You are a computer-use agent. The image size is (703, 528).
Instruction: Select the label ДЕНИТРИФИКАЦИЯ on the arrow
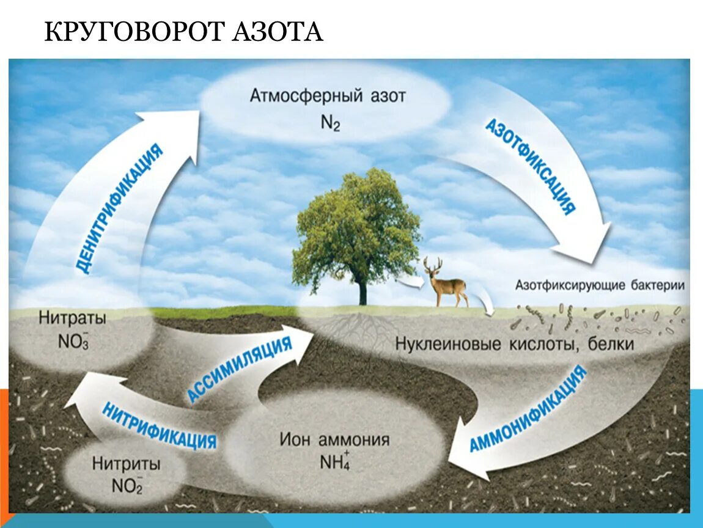[120, 208]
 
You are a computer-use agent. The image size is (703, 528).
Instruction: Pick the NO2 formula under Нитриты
[127, 486]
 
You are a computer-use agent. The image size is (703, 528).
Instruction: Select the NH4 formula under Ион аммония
[334, 461]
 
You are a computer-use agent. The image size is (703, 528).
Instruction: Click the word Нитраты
[72, 318]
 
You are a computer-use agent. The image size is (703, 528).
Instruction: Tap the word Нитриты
[127, 464]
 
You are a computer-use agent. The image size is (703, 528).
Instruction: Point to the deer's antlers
[433, 264]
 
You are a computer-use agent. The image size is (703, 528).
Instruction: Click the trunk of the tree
[363, 291]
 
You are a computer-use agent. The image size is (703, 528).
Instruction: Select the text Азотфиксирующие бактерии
[600, 285]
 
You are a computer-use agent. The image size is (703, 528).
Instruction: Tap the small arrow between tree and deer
[411, 282]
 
